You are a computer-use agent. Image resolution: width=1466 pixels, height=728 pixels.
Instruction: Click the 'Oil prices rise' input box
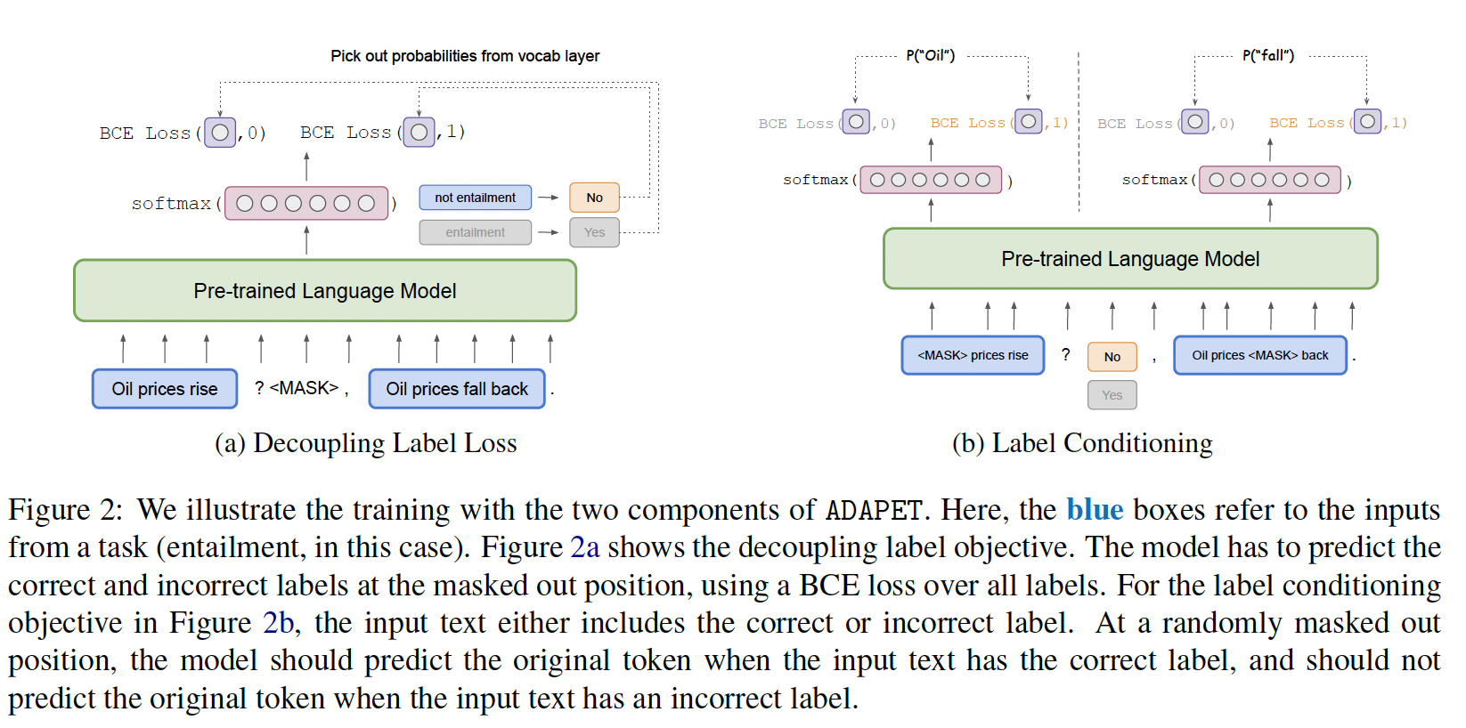click(x=165, y=389)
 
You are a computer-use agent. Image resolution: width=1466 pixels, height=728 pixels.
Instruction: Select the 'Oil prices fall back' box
click(x=457, y=389)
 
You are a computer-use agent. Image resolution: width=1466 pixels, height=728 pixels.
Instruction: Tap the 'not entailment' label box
click(x=475, y=198)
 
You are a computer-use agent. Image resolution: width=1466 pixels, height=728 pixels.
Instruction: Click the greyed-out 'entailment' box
click(x=475, y=232)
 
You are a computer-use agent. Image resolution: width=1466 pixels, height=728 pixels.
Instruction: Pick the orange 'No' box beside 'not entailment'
click(x=594, y=198)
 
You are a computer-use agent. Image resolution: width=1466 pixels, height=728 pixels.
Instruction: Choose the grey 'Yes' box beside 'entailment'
click(x=594, y=232)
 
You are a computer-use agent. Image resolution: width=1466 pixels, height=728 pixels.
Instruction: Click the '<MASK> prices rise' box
click(x=973, y=355)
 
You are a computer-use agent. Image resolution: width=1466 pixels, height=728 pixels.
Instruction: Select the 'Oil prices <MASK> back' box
click(x=1259, y=355)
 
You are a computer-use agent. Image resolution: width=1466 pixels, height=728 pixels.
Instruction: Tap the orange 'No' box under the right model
click(x=1112, y=357)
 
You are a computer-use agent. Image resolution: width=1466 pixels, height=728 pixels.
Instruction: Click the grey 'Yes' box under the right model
click(x=1112, y=395)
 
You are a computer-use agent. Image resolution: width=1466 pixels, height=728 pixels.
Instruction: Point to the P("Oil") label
click(x=930, y=55)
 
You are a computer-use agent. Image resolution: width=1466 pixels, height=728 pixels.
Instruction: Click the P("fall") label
click(x=1268, y=55)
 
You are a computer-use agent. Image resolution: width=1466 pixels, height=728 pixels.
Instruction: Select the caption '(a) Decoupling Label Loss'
click(x=365, y=443)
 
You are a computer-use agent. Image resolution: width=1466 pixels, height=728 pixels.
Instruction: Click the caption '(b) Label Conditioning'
click(x=1082, y=443)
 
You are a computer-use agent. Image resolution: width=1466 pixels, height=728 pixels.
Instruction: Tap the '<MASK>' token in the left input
click(x=304, y=388)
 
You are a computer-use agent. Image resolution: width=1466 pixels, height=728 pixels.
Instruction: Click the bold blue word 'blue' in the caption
click(x=1095, y=510)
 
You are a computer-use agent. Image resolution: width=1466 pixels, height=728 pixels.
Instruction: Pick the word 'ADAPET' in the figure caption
click(x=873, y=511)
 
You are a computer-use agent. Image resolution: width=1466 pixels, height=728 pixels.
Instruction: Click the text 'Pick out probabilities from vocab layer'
click(x=465, y=56)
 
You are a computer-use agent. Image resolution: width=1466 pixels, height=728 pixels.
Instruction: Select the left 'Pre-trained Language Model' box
click(x=325, y=291)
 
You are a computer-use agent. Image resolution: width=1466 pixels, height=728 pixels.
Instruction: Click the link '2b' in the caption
click(x=278, y=623)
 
